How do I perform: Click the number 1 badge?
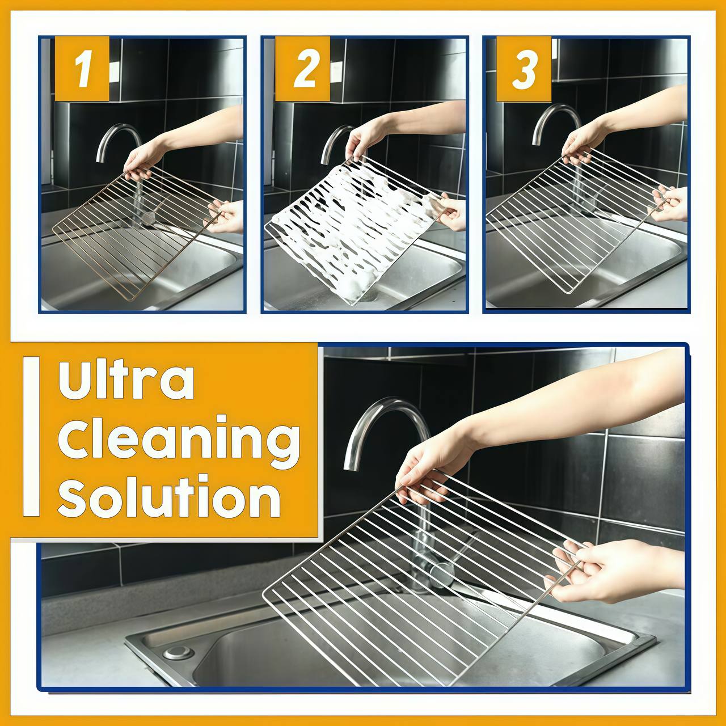pos(82,69)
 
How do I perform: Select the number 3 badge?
pos(524,69)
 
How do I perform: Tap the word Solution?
pos(169,497)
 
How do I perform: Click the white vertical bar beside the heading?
pos(32,436)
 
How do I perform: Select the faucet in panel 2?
pos(335,142)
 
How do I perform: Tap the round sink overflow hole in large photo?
pos(179,652)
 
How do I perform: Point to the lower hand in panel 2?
pos(451,211)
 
